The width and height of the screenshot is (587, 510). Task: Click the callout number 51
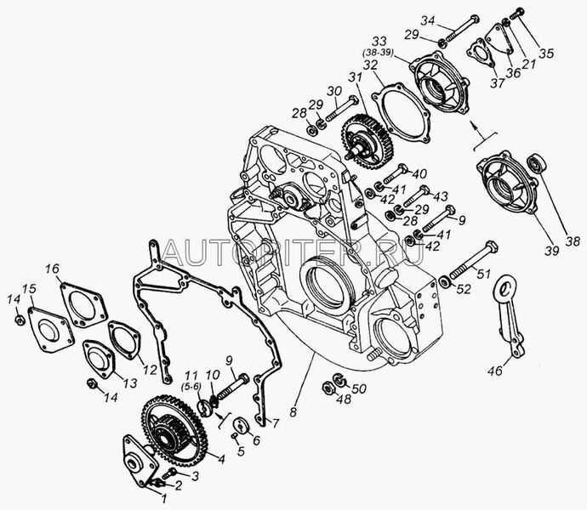483,274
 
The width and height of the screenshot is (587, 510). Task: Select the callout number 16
53,269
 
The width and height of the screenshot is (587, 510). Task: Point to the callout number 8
293,412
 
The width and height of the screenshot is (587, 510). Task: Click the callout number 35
546,53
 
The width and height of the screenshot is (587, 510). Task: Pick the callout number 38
573,241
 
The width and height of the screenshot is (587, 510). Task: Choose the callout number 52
464,288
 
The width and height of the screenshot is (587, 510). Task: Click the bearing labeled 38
537,163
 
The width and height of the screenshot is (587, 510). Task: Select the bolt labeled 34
461,29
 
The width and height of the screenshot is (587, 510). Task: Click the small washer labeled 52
445,281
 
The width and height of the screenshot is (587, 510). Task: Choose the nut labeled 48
328,388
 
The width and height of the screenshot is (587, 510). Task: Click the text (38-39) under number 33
378,53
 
